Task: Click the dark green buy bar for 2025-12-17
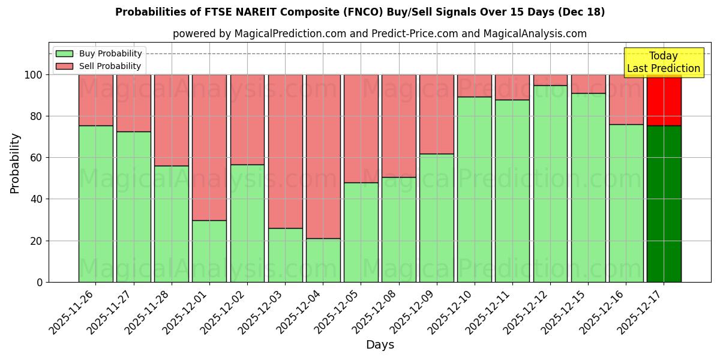(664, 204)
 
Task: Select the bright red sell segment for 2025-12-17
(664, 100)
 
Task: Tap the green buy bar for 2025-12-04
(323, 260)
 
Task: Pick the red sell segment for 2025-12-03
(285, 151)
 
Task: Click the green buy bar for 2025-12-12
(550, 184)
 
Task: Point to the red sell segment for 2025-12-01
(209, 147)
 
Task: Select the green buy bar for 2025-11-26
(95, 204)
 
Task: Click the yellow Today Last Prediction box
(663, 62)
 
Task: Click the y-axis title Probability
(15, 163)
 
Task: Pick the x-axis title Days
(380, 345)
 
